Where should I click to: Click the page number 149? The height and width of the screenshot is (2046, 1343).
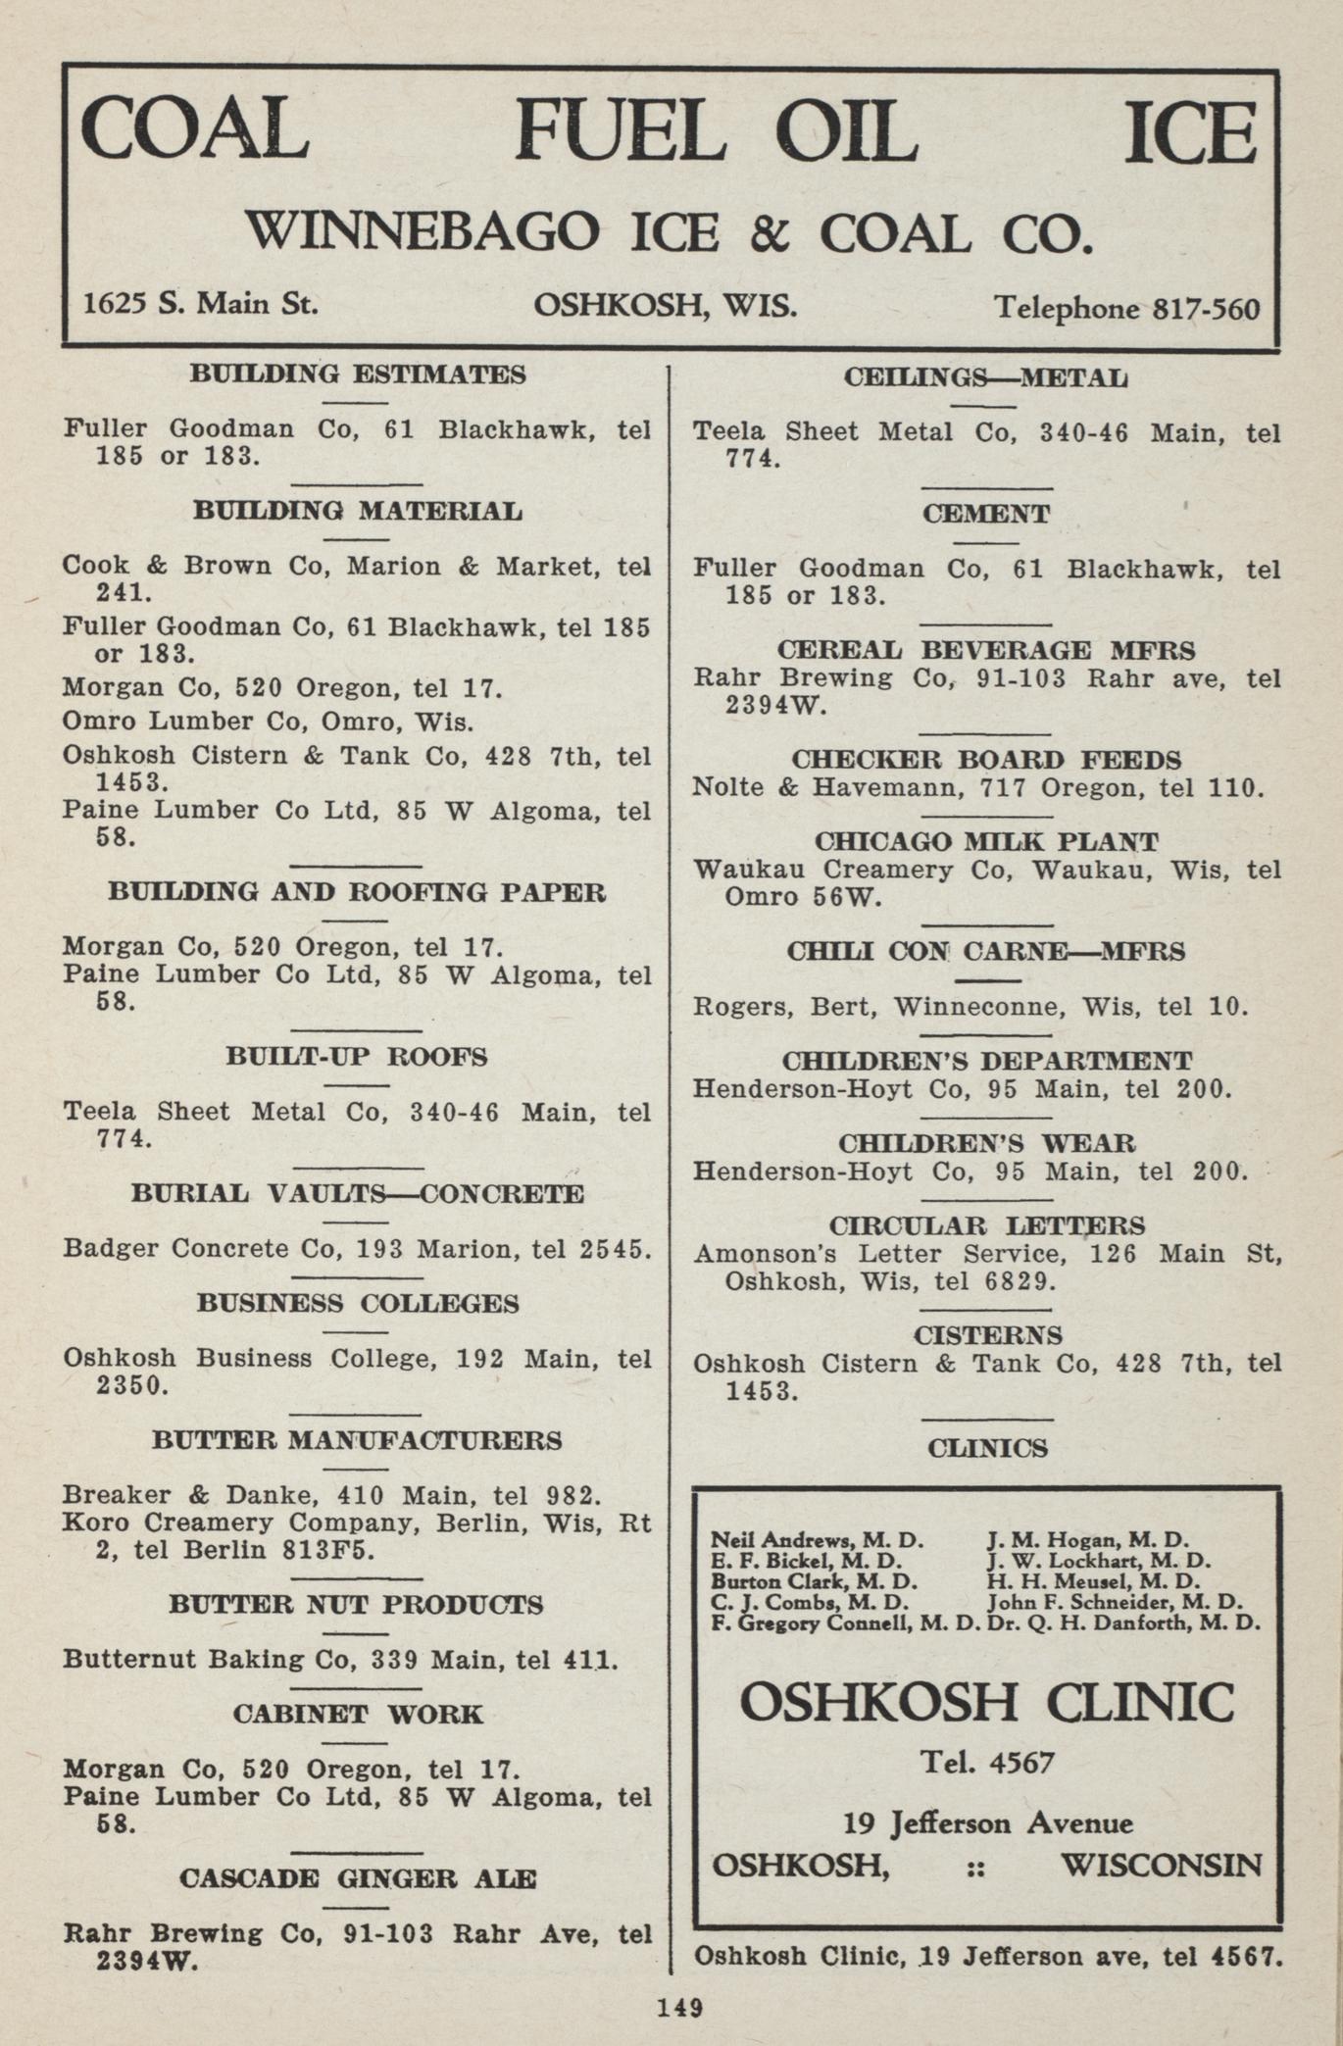click(x=679, y=2007)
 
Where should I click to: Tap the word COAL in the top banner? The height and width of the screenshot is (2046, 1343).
click(x=195, y=129)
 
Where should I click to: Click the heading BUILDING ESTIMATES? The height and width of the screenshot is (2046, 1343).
click(x=357, y=374)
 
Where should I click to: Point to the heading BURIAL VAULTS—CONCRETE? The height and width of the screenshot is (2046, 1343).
click(x=357, y=1193)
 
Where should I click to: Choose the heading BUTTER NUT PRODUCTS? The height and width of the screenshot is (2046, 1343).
click(x=355, y=1604)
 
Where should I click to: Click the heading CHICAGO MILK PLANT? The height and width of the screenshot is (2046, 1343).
click(x=986, y=842)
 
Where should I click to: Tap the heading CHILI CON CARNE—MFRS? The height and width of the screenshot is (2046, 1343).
click(x=985, y=951)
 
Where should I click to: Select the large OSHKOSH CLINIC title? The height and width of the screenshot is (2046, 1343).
click(x=985, y=1702)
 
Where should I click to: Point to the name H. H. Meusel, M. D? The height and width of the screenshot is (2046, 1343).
click(x=1093, y=1581)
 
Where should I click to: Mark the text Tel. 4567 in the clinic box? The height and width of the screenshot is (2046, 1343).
click(x=986, y=1764)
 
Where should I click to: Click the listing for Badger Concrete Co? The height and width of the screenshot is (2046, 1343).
click(x=356, y=1249)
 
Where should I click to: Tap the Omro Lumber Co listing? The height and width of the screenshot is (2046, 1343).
click(x=268, y=722)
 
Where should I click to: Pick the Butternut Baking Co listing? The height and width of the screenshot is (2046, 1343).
click(x=339, y=1659)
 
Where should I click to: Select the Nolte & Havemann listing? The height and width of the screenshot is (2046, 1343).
click(x=977, y=787)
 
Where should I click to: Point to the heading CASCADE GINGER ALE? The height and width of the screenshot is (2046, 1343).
click(x=357, y=1878)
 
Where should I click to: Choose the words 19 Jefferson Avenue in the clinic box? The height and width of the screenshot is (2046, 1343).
click(x=987, y=1823)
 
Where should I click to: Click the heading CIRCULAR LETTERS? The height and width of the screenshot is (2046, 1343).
click(x=986, y=1225)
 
